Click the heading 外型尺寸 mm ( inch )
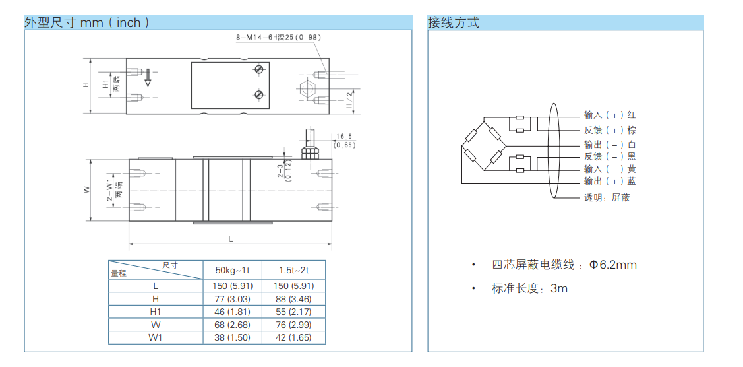point(86,22)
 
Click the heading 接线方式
point(454,22)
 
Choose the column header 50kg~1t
point(233,270)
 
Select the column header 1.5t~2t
point(293,270)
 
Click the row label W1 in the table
point(156,337)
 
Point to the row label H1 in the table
point(156,312)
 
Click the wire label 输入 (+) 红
point(610,115)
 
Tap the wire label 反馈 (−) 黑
point(610,156)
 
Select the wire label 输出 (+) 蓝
point(610,181)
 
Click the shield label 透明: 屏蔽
point(607,197)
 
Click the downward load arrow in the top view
point(148,77)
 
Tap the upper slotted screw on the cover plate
point(260,69)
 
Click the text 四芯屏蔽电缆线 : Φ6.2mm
point(564,265)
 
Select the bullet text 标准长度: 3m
point(529,288)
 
